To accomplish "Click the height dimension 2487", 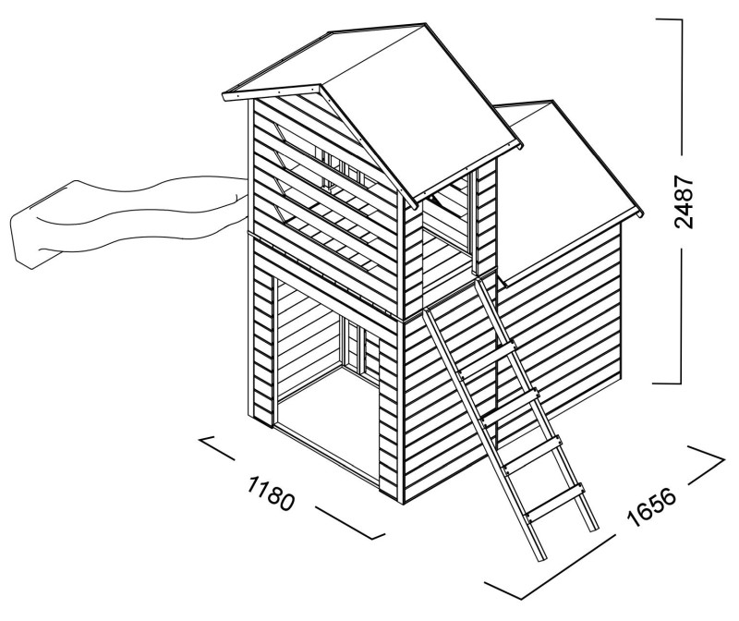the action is point(684,201).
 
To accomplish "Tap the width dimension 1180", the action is point(271,493).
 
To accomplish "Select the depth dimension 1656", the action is point(653,507).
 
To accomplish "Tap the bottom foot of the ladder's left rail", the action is point(540,559).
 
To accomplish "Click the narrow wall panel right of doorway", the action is point(388,415).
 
